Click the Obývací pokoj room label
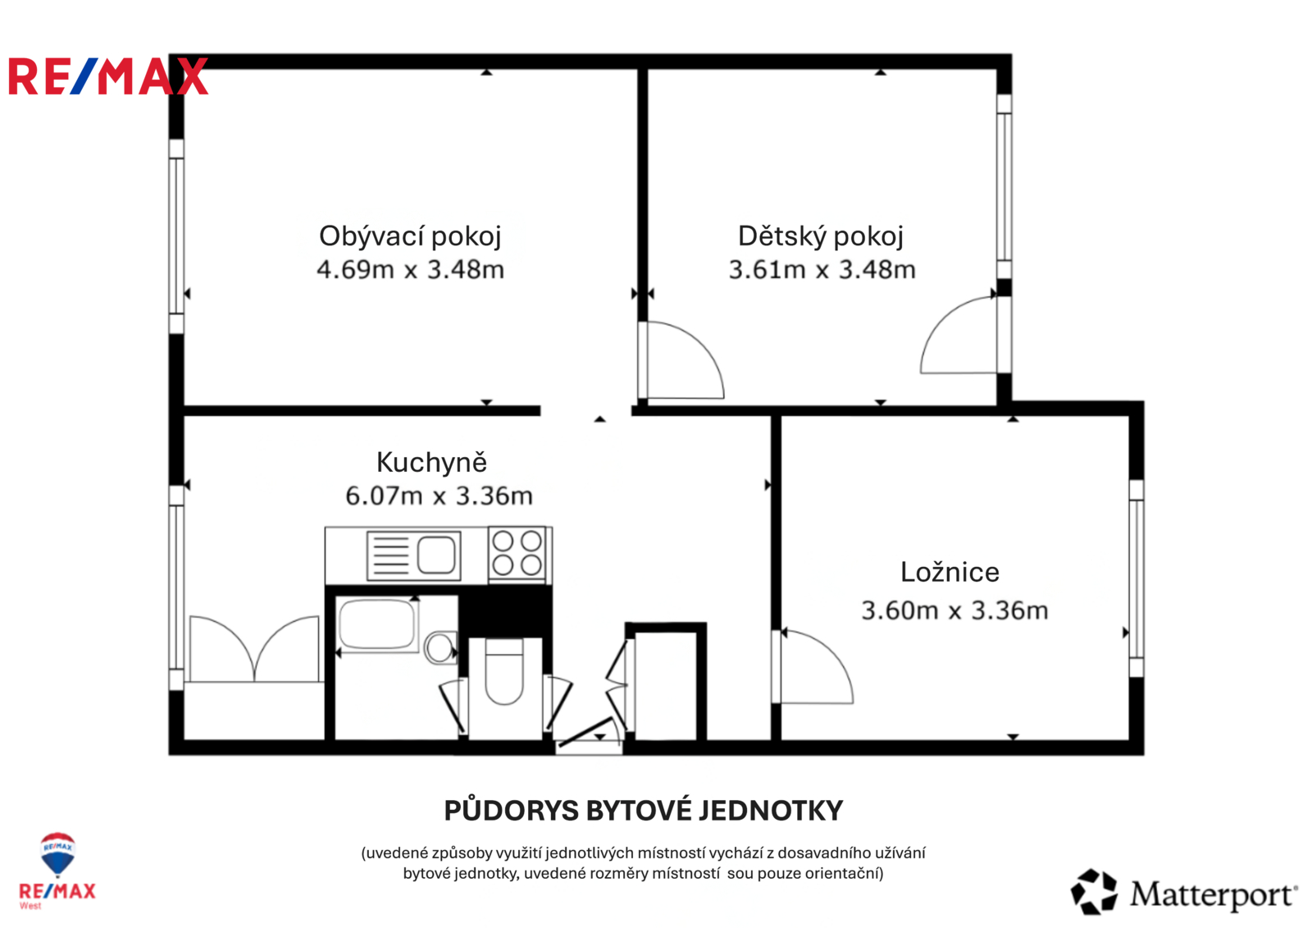tap(410, 237)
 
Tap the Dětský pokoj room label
tap(821, 237)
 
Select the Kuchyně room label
tap(431, 463)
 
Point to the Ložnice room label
tap(950, 572)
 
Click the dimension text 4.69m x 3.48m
tap(410, 270)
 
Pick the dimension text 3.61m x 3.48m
tap(822, 270)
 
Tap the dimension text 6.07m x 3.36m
tap(439, 496)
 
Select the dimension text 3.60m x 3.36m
tap(954, 610)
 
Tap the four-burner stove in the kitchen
tap(517, 553)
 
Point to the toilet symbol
tap(504, 672)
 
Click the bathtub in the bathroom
tap(378, 624)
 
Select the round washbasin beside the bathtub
tap(440, 647)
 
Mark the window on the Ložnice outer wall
tap(1136, 578)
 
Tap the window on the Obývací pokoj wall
tap(176, 236)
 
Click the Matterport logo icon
tap(1094, 892)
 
